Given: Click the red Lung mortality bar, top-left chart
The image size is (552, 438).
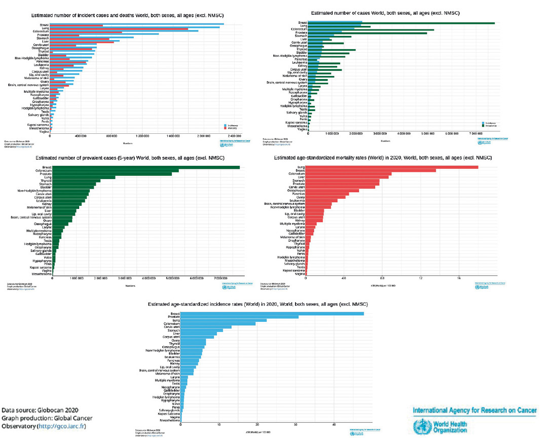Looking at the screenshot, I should tap(119, 29).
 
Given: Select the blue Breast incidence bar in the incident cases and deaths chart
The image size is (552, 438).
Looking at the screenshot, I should tap(137, 24).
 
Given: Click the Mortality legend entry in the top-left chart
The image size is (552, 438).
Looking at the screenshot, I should tap(231, 127).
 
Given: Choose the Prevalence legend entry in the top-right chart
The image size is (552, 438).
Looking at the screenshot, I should tap(490, 125).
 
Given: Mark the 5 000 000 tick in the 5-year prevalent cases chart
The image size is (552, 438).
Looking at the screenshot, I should tap(172, 278).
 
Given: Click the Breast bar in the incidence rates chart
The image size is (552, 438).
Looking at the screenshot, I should tap(272, 314).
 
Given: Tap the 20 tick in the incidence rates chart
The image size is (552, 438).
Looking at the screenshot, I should tap(257, 425).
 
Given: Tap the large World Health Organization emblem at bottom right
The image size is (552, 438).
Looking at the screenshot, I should tap(422, 425).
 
